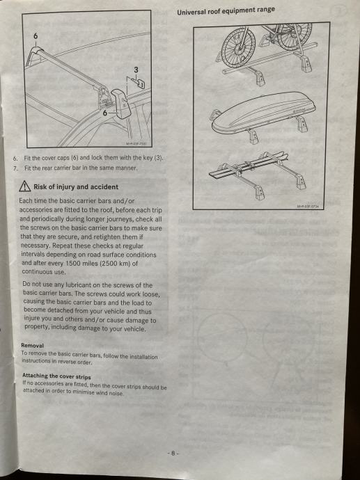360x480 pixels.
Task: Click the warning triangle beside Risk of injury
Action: (25, 186)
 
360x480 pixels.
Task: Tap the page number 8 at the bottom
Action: (173, 454)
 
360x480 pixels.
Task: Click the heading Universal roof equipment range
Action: (226, 11)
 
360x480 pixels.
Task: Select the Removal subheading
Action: (33, 345)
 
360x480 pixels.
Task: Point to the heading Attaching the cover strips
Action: (56, 376)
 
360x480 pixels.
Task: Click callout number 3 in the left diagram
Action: (136, 70)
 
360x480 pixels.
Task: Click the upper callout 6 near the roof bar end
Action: (36, 36)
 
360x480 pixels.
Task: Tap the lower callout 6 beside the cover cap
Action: (105, 113)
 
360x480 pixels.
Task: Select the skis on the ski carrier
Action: (248, 166)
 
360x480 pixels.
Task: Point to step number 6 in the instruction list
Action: (15, 159)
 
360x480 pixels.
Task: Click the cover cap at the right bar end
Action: (121, 104)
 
